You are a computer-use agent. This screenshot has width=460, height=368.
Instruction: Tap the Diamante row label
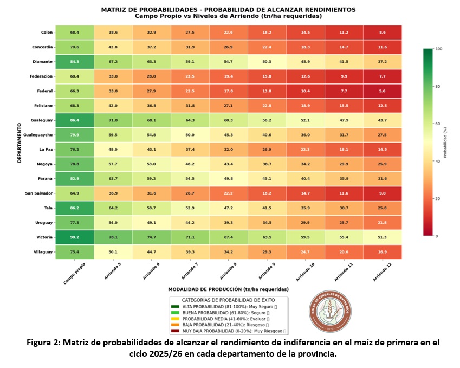(43, 61)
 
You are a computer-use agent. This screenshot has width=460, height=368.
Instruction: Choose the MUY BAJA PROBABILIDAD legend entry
(228, 330)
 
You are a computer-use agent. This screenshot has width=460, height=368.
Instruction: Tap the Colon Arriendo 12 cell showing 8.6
(382, 33)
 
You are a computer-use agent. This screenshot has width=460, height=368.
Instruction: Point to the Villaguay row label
(43, 251)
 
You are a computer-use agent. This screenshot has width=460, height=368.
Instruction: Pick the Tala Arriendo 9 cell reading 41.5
(267, 207)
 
